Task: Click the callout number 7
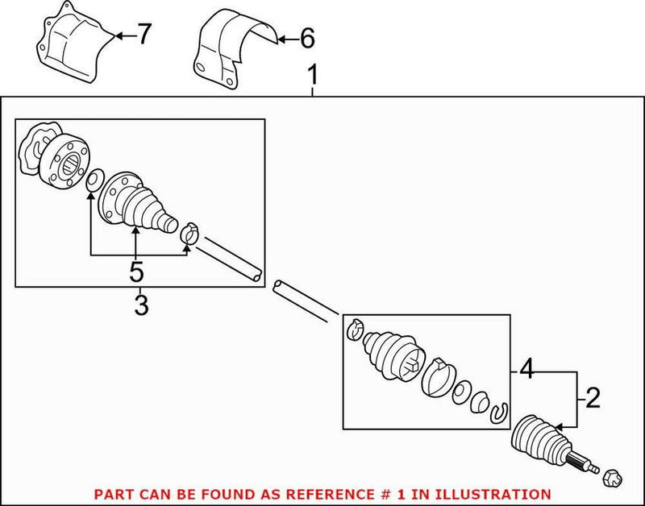coord(144,35)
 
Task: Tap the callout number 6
coord(307,37)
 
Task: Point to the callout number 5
coord(136,272)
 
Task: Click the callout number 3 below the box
coord(141,306)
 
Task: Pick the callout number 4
coord(526,372)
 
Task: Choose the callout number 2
coord(593,397)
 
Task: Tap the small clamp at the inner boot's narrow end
coord(190,234)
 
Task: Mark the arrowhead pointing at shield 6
coord(276,37)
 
